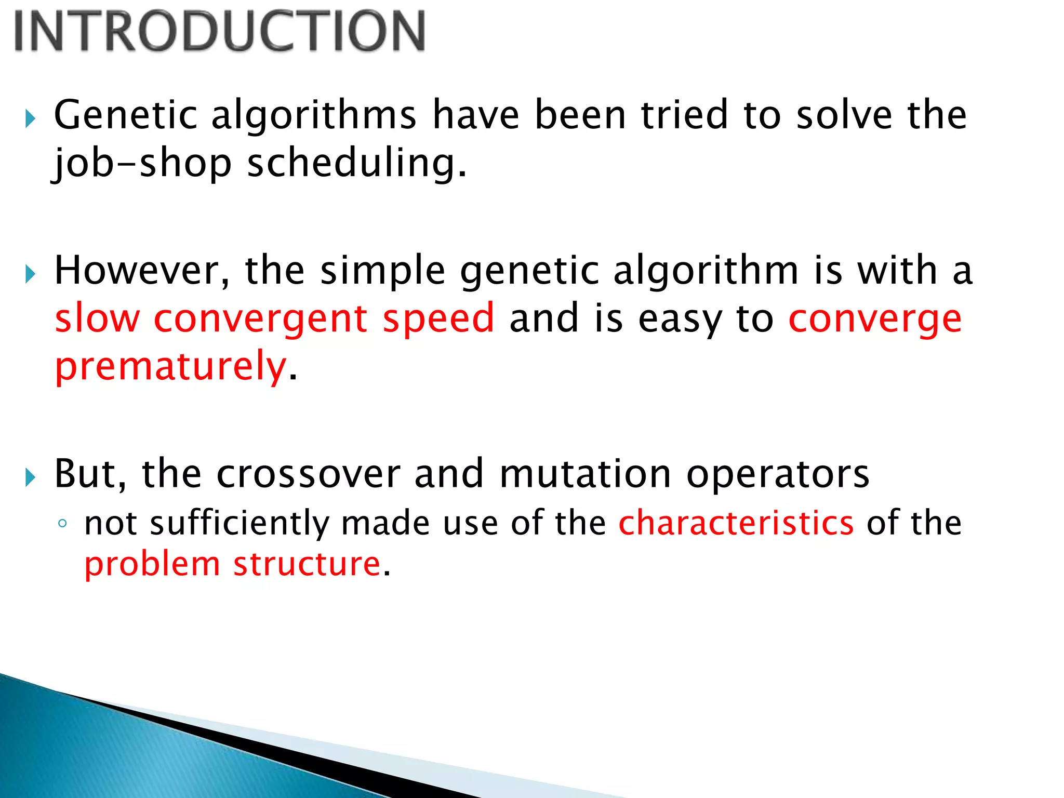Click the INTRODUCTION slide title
point(219,31)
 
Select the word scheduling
point(357,164)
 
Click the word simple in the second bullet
point(382,271)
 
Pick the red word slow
point(98,318)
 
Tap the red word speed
point(438,318)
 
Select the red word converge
point(874,318)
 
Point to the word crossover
point(308,474)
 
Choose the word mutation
point(585,474)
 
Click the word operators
point(777,474)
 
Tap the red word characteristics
point(736,523)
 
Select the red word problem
point(152,564)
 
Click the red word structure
point(307,564)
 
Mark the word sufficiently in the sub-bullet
point(240,523)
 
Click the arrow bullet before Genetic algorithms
point(30,119)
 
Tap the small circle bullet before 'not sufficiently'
point(62,524)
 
